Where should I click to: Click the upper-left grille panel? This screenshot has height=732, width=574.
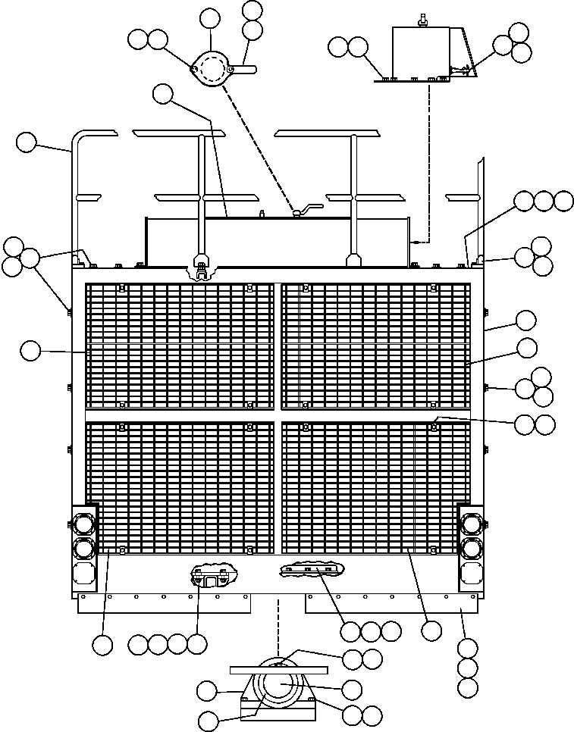click(x=179, y=345)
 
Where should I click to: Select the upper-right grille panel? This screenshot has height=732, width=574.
click(x=375, y=345)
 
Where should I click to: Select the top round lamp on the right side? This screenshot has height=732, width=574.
click(x=470, y=524)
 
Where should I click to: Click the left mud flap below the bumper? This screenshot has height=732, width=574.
click(x=165, y=603)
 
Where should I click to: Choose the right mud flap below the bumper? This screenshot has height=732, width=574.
click(x=391, y=603)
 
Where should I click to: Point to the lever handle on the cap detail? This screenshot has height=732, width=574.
click(x=246, y=70)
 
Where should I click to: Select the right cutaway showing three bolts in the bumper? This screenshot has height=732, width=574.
click(x=311, y=570)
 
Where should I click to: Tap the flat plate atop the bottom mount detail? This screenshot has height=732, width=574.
click(x=280, y=669)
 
